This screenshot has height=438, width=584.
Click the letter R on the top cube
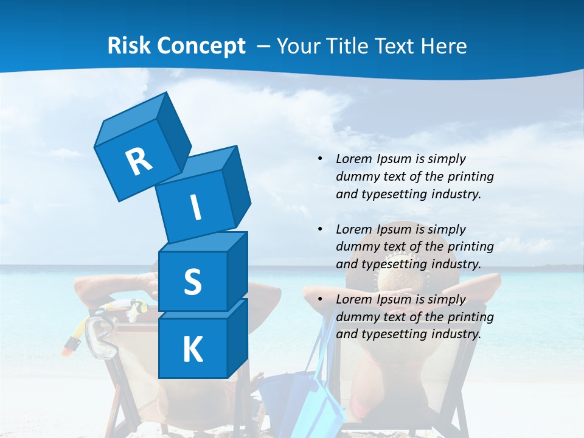(x=139, y=162)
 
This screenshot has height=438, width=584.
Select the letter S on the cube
(x=192, y=282)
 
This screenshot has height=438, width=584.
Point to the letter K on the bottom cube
(x=192, y=350)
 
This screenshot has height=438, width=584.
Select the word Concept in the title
(x=201, y=46)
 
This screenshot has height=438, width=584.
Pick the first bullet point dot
(x=320, y=159)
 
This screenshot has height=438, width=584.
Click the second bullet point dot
(x=320, y=229)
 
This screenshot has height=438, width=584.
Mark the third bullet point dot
(x=320, y=299)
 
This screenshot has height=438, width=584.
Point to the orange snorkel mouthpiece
(x=71, y=344)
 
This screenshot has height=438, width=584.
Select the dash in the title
(x=263, y=46)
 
